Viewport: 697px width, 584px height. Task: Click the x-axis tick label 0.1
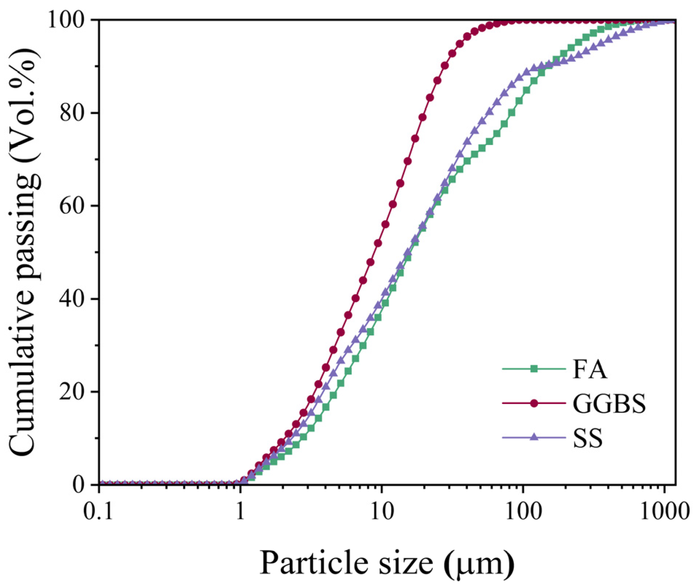tap(98, 511)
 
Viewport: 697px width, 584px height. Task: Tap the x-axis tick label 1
tap(240, 511)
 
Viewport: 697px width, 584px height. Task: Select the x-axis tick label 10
tap(382, 511)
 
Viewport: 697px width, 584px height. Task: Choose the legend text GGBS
tap(609, 404)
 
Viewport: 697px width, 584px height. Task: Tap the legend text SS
tap(588, 438)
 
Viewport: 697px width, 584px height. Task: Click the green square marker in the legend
tap(534, 369)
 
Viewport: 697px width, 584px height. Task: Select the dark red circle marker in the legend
tap(534, 403)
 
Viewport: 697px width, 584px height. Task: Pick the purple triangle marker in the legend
tap(534, 437)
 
